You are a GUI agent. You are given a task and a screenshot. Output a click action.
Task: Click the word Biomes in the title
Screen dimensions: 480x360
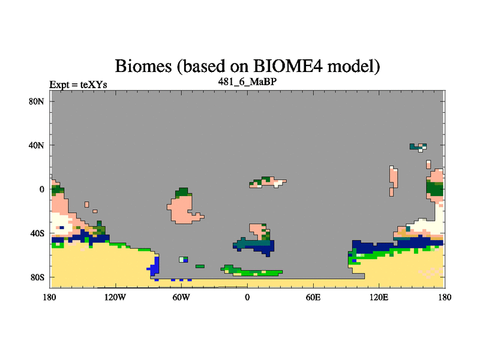pyautogui.click(x=143, y=66)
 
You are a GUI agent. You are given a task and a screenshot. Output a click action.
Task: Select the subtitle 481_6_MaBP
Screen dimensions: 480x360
pyautogui.click(x=247, y=82)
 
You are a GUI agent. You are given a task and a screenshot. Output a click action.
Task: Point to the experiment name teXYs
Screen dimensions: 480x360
pyautogui.click(x=94, y=85)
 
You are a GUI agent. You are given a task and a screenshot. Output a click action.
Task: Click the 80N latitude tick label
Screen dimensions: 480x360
pyautogui.click(x=37, y=101)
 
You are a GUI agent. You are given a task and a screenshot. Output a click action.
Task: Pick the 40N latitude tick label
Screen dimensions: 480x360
pyautogui.click(x=37, y=145)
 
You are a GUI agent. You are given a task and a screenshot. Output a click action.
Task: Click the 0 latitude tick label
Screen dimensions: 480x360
pyautogui.click(x=41, y=190)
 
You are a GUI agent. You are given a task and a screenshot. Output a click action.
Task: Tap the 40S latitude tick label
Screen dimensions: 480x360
pyautogui.click(x=37, y=233)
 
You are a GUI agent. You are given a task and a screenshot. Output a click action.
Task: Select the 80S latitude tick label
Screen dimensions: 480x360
pyautogui.click(x=37, y=277)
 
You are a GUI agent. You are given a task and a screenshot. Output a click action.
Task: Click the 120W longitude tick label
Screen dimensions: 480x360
pyautogui.click(x=115, y=297)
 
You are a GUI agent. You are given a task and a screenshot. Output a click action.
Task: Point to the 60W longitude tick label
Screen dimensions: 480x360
pyautogui.click(x=181, y=297)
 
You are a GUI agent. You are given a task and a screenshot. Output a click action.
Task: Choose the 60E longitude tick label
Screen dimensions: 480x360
pyautogui.click(x=313, y=297)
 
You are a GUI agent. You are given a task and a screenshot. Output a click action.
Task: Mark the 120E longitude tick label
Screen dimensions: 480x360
pyautogui.click(x=379, y=297)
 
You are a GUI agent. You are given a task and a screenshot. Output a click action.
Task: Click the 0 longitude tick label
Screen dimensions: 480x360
pyautogui.click(x=247, y=297)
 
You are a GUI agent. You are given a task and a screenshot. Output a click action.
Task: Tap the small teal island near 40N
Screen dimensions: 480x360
pyautogui.click(x=418, y=147)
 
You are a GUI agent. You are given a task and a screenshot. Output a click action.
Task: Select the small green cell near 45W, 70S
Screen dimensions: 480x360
pyautogui.click(x=200, y=266)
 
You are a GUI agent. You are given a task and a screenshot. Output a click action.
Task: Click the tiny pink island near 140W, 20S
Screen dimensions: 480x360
pyautogui.click(x=86, y=205)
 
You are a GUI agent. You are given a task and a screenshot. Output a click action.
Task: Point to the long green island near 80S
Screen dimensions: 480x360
pyautogui.click(x=251, y=271)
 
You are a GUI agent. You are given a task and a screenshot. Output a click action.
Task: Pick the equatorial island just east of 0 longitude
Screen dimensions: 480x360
pyautogui.click(x=268, y=182)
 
